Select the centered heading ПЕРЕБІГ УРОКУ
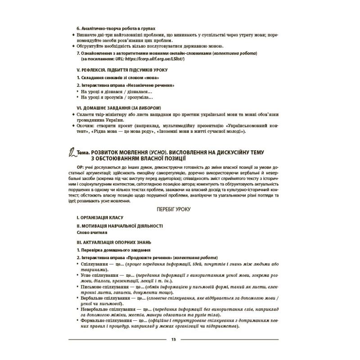coord(173,210)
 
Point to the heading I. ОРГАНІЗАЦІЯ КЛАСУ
coord(99,217)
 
